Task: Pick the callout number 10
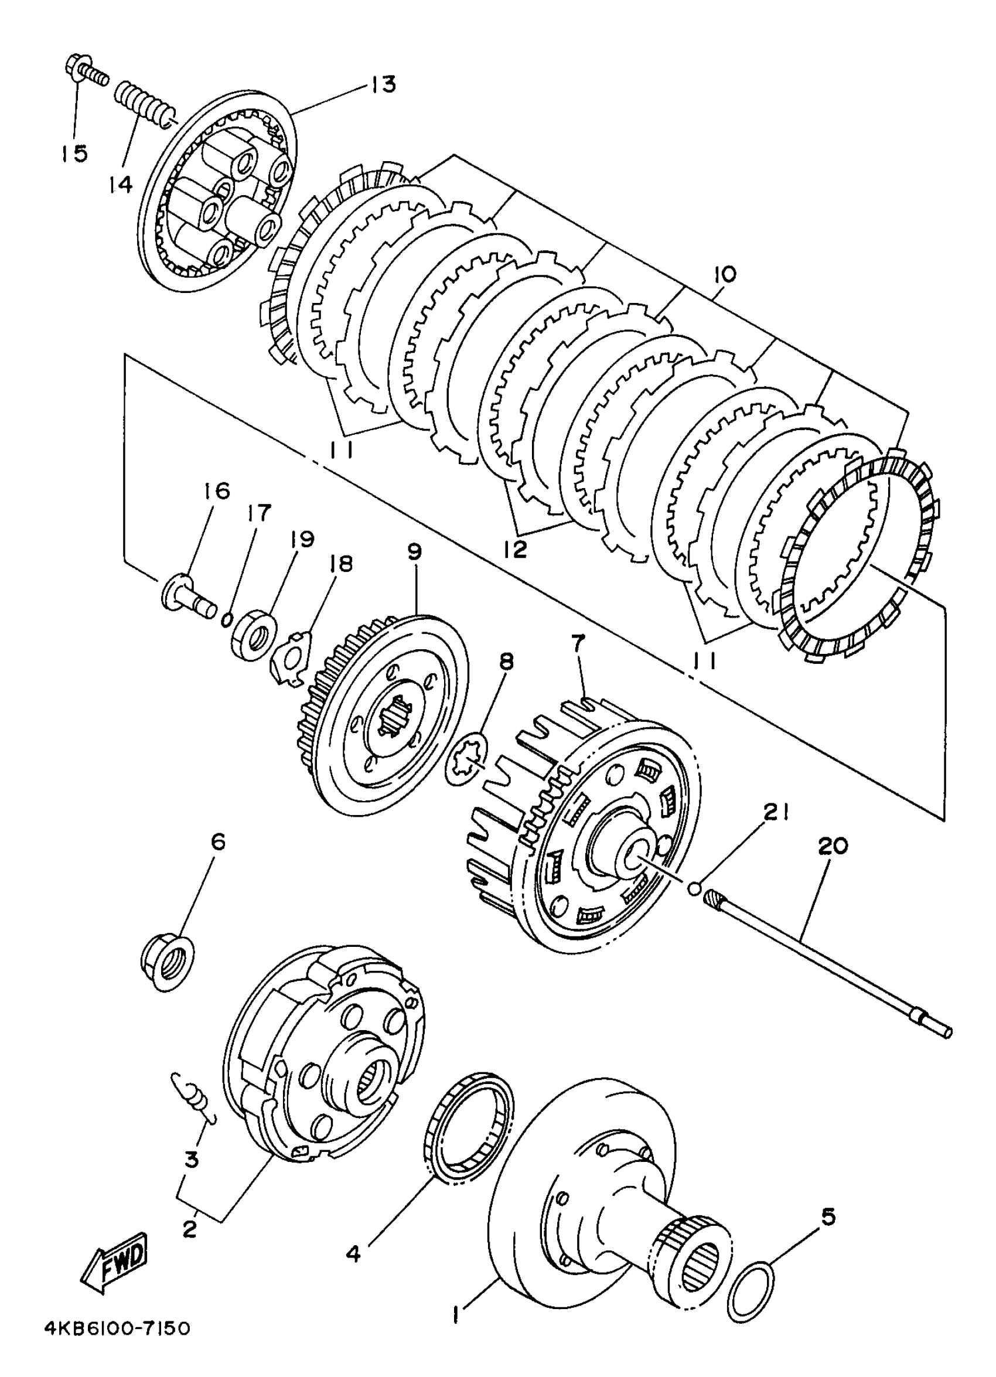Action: (x=725, y=274)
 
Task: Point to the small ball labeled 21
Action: (x=694, y=889)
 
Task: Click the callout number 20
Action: (x=833, y=846)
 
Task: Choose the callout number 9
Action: (x=415, y=553)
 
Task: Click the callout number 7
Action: (x=577, y=642)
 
